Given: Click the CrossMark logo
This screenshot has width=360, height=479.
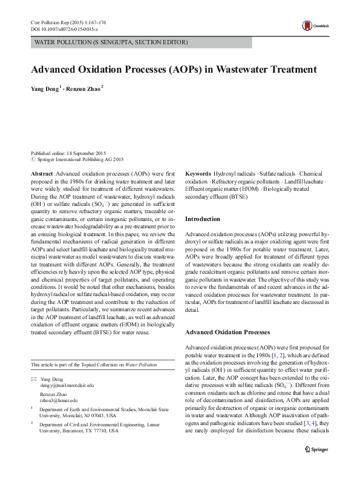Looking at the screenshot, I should (313, 25).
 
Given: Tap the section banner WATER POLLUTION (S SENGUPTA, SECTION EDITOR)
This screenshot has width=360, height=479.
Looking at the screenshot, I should (111, 42).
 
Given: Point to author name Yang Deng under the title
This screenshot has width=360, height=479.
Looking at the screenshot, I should (45, 88).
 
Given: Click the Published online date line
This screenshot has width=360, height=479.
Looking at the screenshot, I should (68, 154).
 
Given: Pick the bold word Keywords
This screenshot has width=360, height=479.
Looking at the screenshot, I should (198, 173).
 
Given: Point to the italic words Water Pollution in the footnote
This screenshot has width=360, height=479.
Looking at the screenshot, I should (141, 365).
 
